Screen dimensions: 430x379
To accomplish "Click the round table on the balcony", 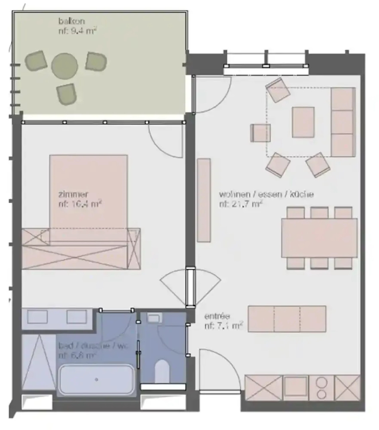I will click(x=64, y=66).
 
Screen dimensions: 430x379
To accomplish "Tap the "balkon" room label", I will click(x=71, y=21).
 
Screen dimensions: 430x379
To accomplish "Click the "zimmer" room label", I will click(x=73, y=195).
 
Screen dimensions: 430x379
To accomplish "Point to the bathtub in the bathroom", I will click(x=96, y=379).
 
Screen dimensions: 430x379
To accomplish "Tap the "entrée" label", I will click(x=217, y=317).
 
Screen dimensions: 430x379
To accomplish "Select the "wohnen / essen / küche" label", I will click(x=266, y=195).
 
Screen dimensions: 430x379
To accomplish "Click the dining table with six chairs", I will click(x=319, y=238).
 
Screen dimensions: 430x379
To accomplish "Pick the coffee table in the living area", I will click(x=303, y=122).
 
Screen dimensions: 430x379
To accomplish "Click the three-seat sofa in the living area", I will click(x=343, y=122).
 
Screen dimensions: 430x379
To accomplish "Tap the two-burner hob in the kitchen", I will click(x=321, y=387).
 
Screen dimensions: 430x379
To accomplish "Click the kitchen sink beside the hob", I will click(x=295, y=387).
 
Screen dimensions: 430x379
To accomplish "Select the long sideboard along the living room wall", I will click(x=204, y=200).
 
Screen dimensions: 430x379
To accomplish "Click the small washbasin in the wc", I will click(x=153, y=317).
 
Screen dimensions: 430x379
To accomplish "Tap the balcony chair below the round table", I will click(x=66, y=94).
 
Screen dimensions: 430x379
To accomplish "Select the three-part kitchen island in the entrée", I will click(x=287, y=319).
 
